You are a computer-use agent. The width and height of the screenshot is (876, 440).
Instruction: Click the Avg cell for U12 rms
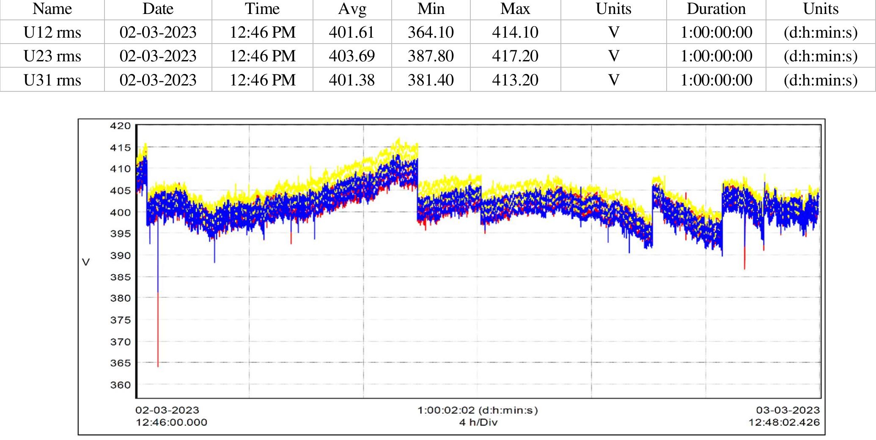pos(351,32)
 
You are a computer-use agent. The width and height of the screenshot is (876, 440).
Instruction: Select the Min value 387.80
pos(431,56)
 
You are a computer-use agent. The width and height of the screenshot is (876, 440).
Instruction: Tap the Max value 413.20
pos(515,80)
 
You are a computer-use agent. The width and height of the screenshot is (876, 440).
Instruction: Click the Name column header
pos(52,9)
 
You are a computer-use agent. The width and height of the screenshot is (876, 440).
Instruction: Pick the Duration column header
pos(716,9)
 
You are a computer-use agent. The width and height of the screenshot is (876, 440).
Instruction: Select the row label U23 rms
pos(52,56)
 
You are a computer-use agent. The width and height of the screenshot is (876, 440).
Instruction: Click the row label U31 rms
pos(52,80)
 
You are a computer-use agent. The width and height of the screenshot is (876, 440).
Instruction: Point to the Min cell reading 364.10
pos(431,32)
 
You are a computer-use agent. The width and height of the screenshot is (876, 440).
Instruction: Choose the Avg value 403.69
pos(351,56)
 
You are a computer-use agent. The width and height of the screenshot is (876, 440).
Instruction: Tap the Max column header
pos(515,9)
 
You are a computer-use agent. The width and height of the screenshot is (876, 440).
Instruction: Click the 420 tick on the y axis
pos(121,126)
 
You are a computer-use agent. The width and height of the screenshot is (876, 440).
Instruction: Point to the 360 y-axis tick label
pos(121,385)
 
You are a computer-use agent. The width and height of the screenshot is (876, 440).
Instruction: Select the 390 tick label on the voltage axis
pos(121,255)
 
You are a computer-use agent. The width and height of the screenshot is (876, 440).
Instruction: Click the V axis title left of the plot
pos(86,262)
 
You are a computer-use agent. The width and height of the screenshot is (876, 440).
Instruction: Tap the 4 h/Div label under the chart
pos(478,422)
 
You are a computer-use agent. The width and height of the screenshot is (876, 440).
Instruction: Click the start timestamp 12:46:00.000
pos(171,422)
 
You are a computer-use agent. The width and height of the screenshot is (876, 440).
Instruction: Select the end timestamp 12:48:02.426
pos(784,422)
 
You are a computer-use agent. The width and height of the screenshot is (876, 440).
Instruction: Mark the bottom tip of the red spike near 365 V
pos(158,367)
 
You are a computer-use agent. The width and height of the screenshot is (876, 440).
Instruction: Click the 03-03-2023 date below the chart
pos(788,410)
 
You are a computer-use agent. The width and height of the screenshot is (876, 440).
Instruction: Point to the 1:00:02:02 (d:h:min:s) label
pos(478,410)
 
